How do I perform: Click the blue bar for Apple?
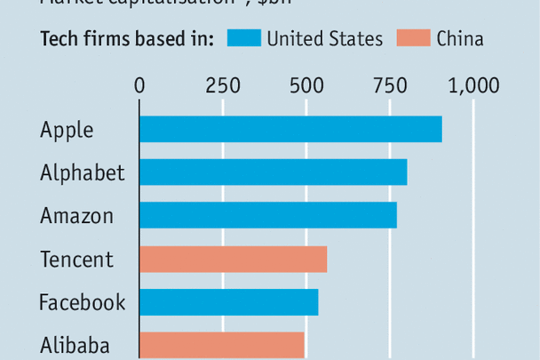(290, 129)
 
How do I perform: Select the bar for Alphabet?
(273, 172)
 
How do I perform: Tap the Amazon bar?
(267, 215)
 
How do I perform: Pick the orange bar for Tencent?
(233, 259)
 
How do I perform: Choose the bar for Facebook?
(228, 302)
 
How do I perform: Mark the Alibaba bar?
(221, 345)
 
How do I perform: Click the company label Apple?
(67, 130)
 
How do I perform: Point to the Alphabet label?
(83, 172)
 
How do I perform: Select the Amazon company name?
(77, 215)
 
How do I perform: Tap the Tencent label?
(77, 259)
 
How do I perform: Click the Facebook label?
(83, 302)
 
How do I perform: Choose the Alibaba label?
(75, 345)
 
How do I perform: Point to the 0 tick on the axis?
(139, 85)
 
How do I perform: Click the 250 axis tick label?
(222, 85)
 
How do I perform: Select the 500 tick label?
(305, 85)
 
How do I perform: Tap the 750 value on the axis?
(388, 85)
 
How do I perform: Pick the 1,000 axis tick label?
(473, 85)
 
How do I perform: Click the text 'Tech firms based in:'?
(127, 38)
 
